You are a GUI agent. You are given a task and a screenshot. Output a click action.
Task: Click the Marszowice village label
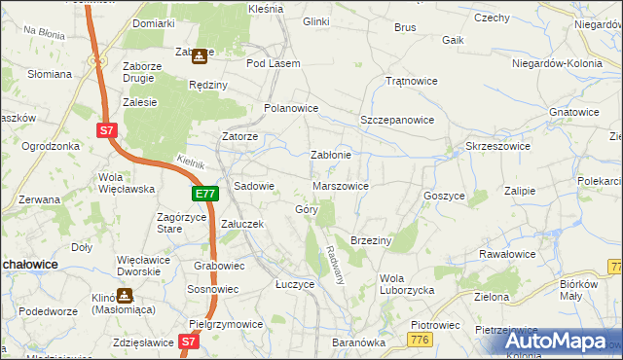pyautogui.click(x=340, y=185)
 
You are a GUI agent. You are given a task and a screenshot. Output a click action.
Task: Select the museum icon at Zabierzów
pyautogui.click(x=200, y=57)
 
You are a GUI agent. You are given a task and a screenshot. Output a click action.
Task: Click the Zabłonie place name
pyautogui.click(x=330, y=155)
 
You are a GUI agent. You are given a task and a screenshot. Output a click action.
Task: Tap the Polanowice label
pyautogui.click(x=292, y=109)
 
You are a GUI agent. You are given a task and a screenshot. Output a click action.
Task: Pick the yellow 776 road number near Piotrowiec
pyautogui.click(x=421, y=338)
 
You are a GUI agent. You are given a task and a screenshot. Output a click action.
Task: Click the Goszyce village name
pyautogui.click(x=444, y=195)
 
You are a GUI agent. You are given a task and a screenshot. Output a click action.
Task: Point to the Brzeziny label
pyautogui.click(x=370, y=240)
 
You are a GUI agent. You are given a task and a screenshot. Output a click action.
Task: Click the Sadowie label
pyautogui.click(x=255, y=186)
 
